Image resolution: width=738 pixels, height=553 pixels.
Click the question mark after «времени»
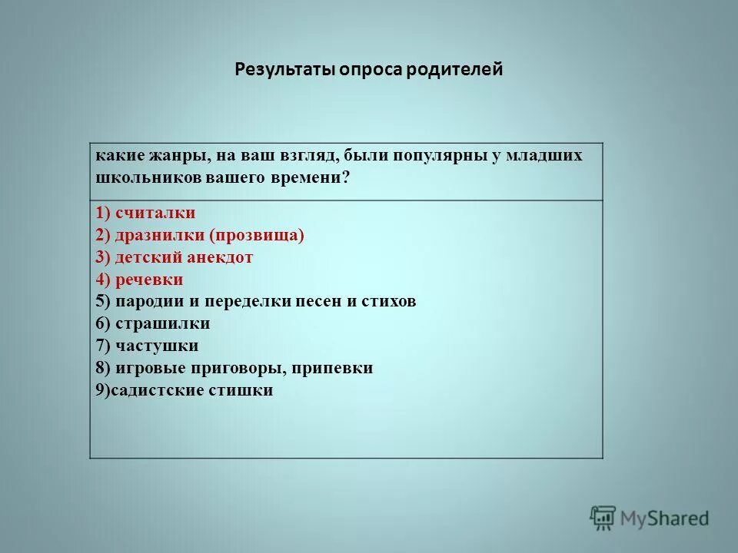click(346, 177)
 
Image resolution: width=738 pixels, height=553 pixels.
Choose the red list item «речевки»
click(149, 280)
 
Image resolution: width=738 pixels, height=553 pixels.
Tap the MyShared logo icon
click(603, 518)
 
